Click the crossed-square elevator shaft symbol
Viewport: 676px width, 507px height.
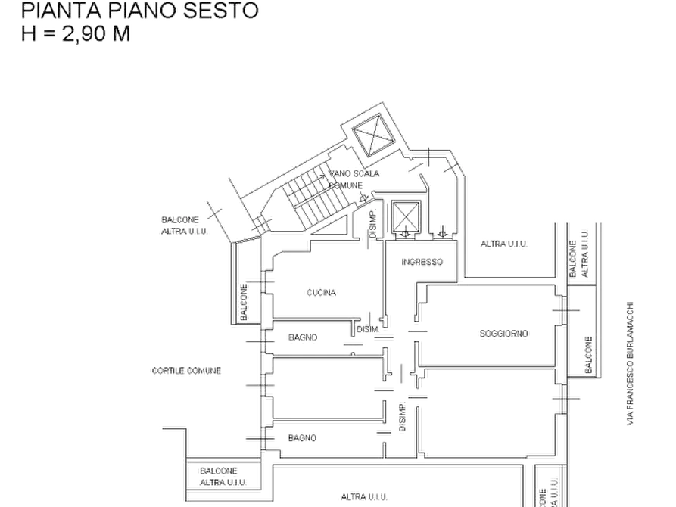[407, 218]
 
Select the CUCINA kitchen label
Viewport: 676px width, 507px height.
[321, 292]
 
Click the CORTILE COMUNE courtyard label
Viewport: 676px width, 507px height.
[186, 370]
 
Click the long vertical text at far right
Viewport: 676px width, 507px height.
[630, 363]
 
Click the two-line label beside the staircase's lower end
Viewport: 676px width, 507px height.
[182, 224]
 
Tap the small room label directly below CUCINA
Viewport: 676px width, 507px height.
[303, 337]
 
